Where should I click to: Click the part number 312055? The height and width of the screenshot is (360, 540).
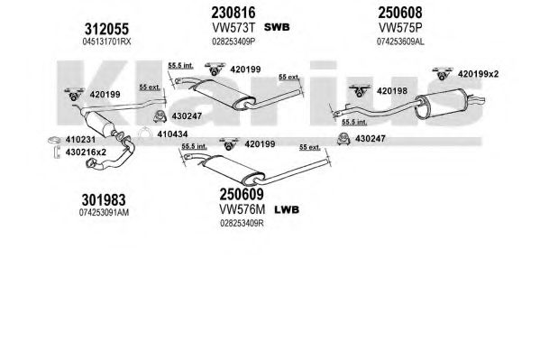106,29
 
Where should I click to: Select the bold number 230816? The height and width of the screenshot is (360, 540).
233,13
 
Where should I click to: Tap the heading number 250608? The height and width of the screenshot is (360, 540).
400,13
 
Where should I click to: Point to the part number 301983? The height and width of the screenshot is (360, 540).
104,200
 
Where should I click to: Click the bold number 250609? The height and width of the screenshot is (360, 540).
242,194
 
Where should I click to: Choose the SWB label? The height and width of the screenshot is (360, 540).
277,27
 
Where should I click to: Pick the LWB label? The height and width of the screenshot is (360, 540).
287,209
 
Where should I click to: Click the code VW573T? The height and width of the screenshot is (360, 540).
233,27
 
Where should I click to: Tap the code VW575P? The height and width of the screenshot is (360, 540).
400,27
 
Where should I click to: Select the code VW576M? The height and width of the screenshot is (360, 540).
243,209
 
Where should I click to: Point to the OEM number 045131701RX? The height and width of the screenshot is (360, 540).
106,42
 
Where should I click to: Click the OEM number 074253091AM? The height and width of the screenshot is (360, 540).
104,212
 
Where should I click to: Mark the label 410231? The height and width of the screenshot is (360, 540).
80,140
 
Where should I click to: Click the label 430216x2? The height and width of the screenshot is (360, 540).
86,152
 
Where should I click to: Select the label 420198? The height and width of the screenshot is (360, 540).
392,91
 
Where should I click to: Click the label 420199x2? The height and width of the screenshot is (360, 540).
478,74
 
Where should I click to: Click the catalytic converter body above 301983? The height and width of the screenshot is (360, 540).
100,123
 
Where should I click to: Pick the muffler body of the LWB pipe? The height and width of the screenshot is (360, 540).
233,169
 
